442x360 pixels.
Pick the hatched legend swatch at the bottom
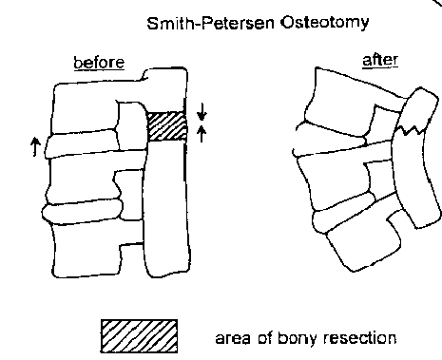140,334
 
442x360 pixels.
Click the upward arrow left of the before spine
35,145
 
